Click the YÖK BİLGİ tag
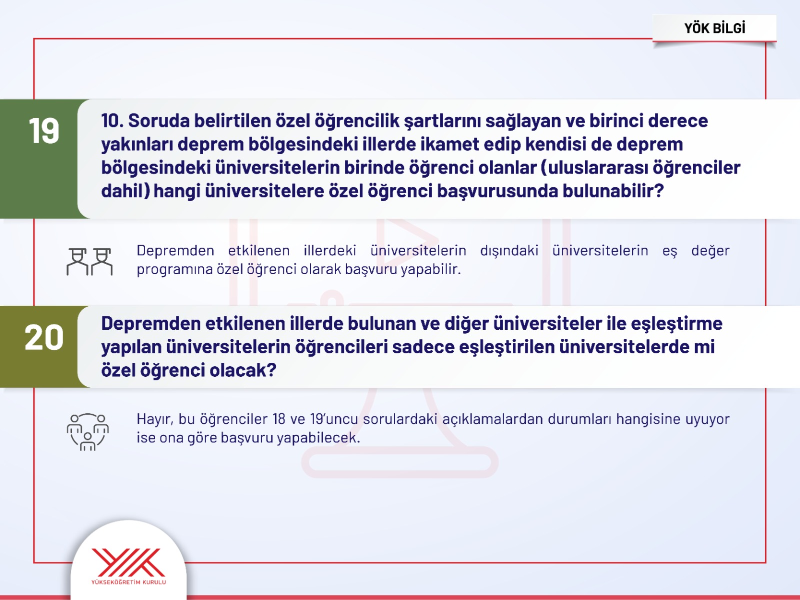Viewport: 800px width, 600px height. pos(714,29)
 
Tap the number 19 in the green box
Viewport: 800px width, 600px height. pos(43,131)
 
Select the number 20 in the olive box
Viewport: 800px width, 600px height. pos(43,337)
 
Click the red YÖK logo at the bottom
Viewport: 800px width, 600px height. pos(128,562)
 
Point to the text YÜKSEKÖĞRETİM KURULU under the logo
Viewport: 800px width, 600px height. pos(128,582)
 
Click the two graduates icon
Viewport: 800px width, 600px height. pos(89,262)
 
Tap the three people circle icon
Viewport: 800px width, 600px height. pos(88,432)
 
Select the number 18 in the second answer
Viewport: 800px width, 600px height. pos(279,419)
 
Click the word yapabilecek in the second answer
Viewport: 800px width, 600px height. pos(318,438)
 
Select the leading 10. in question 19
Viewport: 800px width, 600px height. pos(112,121)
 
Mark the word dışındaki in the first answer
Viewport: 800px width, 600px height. pos(509,251)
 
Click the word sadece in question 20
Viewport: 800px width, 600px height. pos(423,347)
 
